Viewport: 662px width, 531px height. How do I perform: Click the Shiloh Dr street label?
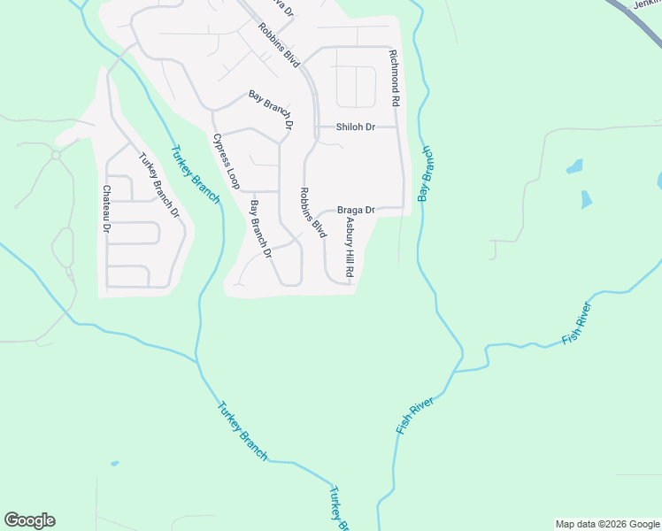point(355,127)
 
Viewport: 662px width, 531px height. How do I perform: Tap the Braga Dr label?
point(356,211)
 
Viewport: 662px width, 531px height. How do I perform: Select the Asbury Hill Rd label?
point(350,249)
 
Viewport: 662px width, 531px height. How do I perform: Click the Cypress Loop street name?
point(227,161)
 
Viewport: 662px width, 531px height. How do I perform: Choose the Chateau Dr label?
point(107,209)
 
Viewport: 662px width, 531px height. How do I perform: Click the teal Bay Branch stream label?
point(427,173)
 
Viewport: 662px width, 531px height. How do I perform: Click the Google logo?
point(29,520)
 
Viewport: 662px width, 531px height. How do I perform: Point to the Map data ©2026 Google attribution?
point(607,524)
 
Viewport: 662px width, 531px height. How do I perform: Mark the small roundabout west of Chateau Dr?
point(56,154)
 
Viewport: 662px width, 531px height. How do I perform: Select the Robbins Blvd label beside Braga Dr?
point(312,212)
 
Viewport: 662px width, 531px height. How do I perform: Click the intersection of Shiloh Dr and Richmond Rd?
point(398,127)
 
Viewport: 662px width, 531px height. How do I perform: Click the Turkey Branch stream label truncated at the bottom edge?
point(340,508)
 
